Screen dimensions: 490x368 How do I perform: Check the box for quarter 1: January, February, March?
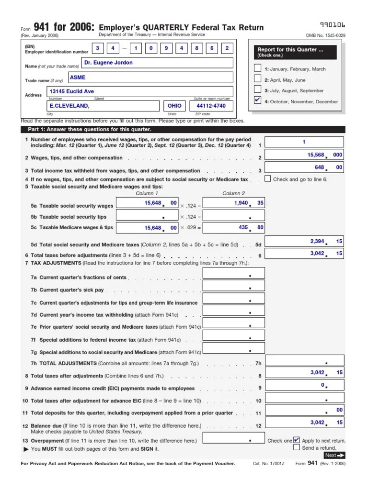[258, 68]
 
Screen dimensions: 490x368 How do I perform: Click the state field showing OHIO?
[174, 106]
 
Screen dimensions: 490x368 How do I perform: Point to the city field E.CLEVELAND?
[103, 106]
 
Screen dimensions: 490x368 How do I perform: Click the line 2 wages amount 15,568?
[304, 155]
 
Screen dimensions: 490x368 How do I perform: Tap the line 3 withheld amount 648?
[304, 167]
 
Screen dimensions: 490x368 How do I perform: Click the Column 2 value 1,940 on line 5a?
[233, 203]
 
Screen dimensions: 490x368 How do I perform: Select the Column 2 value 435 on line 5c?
[233, 227]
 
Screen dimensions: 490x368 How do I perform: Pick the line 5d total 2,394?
[304, 242]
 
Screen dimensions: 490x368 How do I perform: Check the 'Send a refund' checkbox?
[297, 447]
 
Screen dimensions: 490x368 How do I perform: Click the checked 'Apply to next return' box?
[297, 440]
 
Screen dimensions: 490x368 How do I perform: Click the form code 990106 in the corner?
[333, 24]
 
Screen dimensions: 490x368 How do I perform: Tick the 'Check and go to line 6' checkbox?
[267, 179]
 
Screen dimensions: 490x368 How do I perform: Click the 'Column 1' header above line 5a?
[147, 193]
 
